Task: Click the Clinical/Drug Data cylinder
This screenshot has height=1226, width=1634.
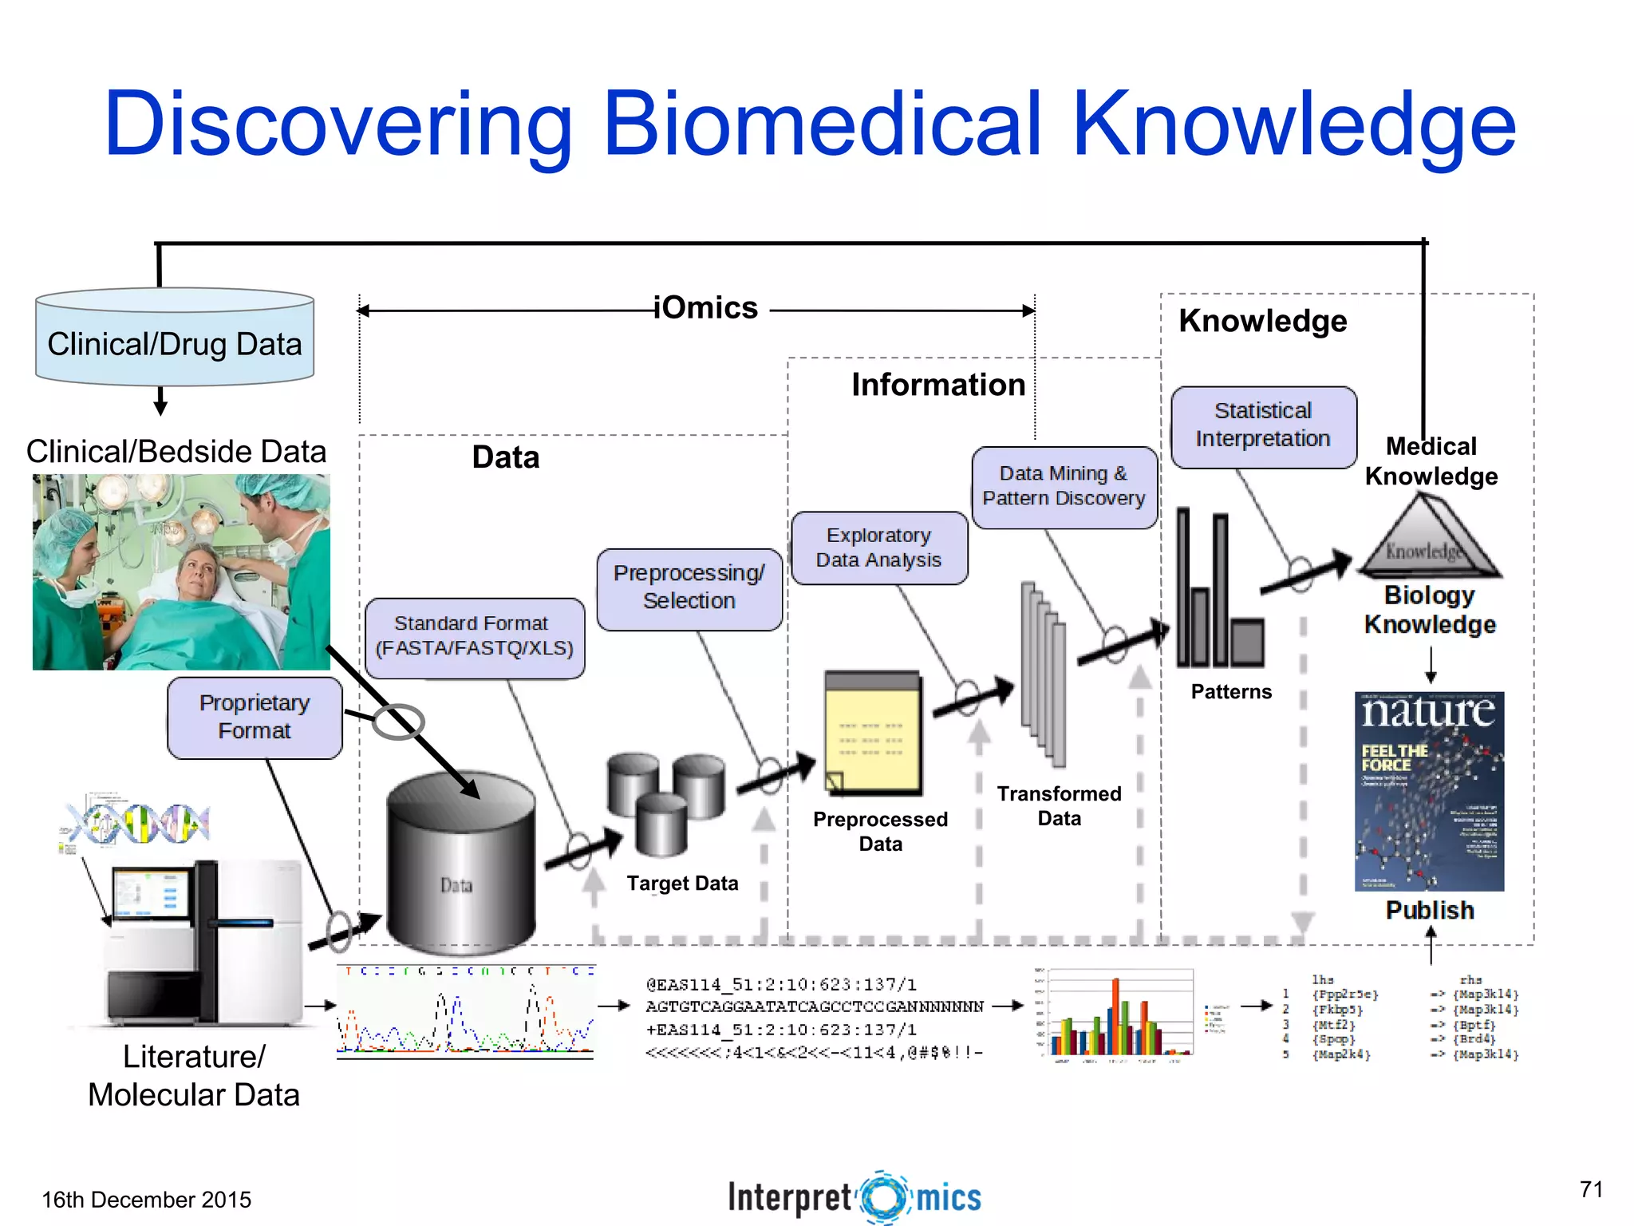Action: click(x=175, y=343)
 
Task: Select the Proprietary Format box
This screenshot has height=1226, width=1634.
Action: click(x=255, y=717)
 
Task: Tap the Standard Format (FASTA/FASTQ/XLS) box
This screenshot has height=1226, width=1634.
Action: click(x=475, y=636)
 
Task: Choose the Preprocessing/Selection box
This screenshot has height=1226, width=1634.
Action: click(x=689, y=587)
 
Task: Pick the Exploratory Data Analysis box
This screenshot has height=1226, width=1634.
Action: click(x=878, y=548)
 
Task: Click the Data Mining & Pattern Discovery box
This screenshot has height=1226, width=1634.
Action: click(x=1064, y=486)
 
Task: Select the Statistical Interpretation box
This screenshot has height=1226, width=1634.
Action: click(x=1263, y=425)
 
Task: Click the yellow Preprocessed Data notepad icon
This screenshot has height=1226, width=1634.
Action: click(x=873, y=733)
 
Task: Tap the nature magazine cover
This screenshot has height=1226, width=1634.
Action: click(x=1429, y=791)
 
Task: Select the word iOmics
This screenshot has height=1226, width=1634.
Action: click(x=706, y=308)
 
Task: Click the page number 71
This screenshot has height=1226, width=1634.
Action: click(x=1591, y=1189)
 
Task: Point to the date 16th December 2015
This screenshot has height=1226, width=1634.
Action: click(x=146, y=1200)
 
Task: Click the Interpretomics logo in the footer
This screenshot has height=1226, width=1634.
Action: click(x=854, y=1197)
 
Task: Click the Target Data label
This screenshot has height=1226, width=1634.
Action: click(x=682, y=884)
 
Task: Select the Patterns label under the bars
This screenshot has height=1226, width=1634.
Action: click(x=1231, y=692)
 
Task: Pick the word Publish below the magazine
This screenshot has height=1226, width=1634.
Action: click(x=1430, y=911)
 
